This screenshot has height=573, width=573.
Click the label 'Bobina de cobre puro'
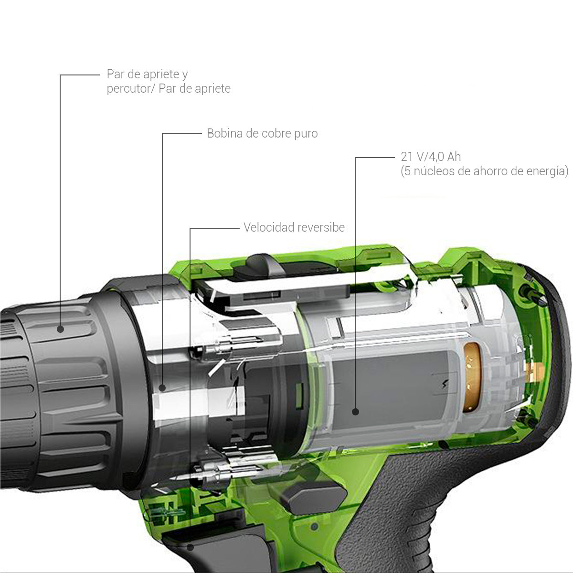click(262, 133)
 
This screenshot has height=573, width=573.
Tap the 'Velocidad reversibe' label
click(294, 227)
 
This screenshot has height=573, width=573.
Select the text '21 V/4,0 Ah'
click(431, 157)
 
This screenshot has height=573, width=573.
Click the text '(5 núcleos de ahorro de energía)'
click(484, 171)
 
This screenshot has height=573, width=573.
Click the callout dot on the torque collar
click(60, 329)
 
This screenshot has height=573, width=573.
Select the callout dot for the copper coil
click(162, 388)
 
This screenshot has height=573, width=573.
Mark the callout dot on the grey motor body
click(355, 411)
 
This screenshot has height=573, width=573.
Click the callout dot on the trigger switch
click(191, 548)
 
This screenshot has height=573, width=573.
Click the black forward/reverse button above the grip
click(310, 494)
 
